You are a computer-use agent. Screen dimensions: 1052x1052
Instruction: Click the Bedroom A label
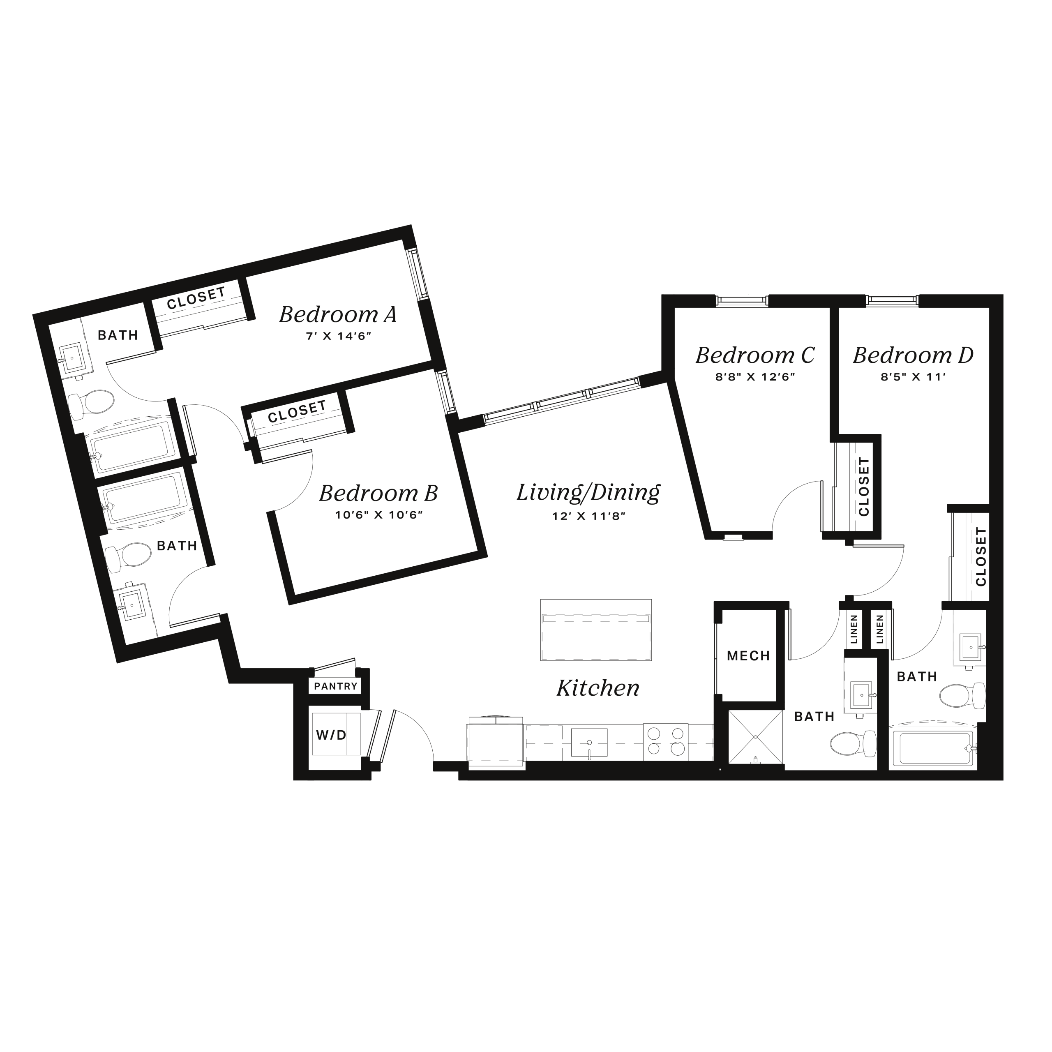pos(338,314)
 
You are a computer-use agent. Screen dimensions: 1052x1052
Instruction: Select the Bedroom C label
pos(755,355)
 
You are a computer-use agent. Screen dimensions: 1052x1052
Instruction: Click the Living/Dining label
pos(588,492)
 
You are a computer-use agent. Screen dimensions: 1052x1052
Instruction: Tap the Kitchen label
pos(598,688)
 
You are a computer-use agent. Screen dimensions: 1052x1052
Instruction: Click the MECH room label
pos(748,655)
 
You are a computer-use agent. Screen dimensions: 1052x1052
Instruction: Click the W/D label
pos(331,735)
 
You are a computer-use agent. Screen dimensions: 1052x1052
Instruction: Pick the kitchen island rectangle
pos(596,630)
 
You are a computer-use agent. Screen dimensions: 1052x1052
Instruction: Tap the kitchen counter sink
pos(589,742)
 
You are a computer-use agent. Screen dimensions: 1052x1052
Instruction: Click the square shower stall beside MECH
pos(756,738)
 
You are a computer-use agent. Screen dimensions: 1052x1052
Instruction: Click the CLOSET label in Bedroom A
pos(196,298)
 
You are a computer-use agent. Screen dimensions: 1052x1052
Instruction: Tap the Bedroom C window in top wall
pos(742,300)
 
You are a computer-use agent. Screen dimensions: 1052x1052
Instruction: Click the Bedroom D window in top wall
pos(892,300)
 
